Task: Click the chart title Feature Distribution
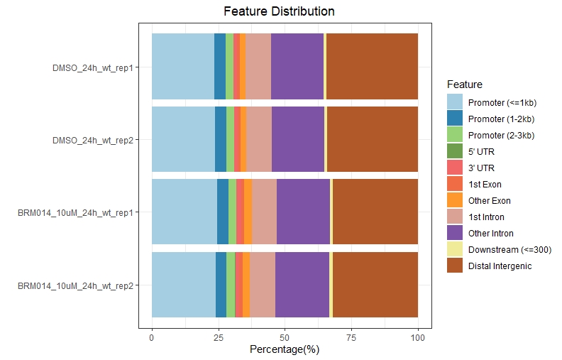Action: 279,11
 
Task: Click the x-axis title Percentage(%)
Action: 285,349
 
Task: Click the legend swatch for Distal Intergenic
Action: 455,266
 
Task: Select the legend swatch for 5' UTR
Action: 455,151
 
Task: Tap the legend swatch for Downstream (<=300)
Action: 455,249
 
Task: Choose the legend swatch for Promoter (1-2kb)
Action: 455,119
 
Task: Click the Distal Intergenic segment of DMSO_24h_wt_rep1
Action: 372,67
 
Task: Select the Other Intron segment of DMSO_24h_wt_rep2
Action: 298,139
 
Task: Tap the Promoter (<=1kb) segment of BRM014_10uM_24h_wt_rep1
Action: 184,212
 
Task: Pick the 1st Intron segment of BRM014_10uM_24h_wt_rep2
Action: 263,285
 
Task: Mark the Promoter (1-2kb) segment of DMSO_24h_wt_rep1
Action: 220,67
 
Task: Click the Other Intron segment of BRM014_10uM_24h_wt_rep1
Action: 304,212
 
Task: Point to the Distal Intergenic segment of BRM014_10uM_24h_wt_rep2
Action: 375,285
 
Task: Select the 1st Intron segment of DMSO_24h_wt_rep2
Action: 259,139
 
